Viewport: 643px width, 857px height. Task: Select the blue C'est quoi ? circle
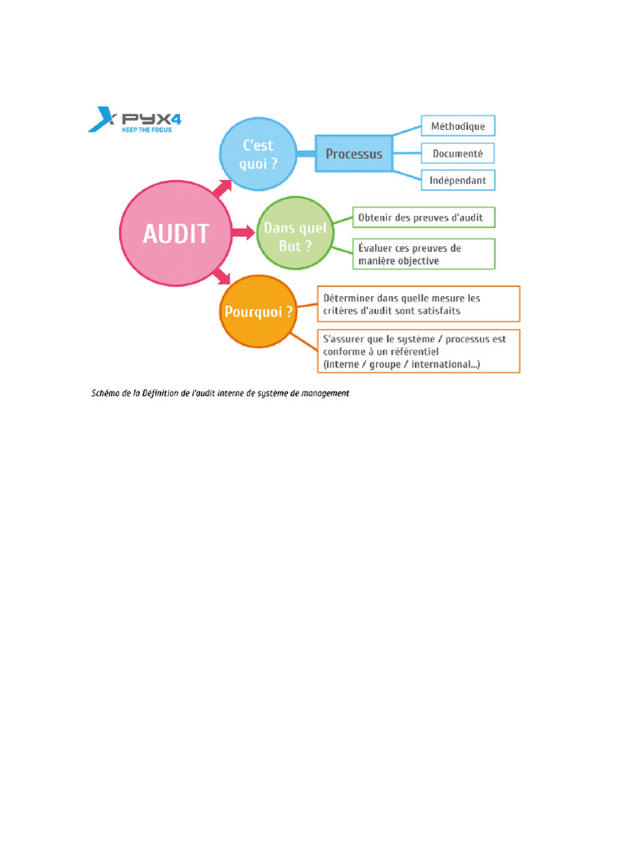256,154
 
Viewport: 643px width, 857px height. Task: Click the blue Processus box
353,154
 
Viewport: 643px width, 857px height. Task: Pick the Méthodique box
457,127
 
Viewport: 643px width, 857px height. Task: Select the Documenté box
457,154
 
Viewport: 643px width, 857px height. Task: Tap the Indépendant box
457,180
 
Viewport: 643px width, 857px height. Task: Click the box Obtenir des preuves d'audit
424,218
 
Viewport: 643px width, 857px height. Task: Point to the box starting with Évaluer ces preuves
424,254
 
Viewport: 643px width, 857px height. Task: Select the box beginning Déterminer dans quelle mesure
419,304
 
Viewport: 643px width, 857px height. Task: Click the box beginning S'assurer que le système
419,352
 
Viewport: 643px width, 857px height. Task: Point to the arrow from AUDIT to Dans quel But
244,233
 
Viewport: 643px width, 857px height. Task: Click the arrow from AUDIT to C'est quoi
222,189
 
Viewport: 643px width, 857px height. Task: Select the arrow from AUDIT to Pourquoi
222,275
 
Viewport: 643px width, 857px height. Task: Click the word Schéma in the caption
106,393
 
